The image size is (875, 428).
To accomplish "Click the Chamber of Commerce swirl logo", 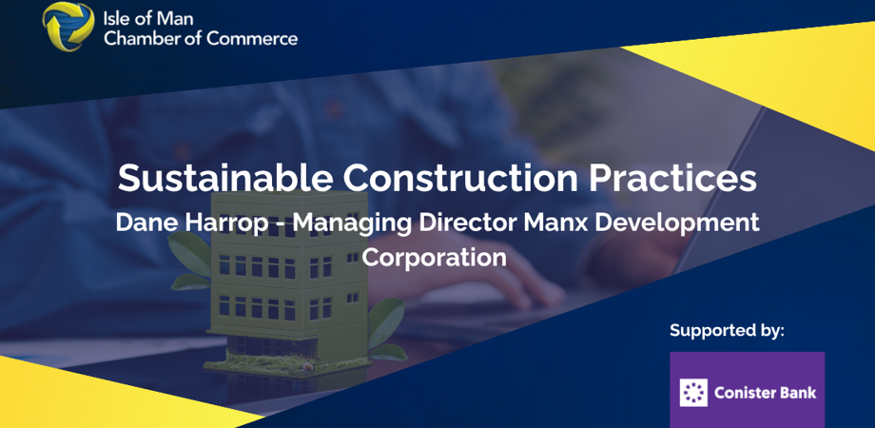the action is tap(68, 27).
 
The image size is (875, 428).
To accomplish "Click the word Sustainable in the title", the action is tap(224, 178).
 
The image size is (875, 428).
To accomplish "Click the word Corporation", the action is tap(435, 257).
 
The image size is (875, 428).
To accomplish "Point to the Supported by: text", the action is tap(728, 330).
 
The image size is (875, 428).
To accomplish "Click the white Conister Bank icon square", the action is tap(693, 392).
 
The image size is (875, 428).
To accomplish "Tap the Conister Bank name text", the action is tap(765, 393).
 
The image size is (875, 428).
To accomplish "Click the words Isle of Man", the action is tap(148, 18).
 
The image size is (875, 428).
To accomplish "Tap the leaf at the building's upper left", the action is tap(189, 253).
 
